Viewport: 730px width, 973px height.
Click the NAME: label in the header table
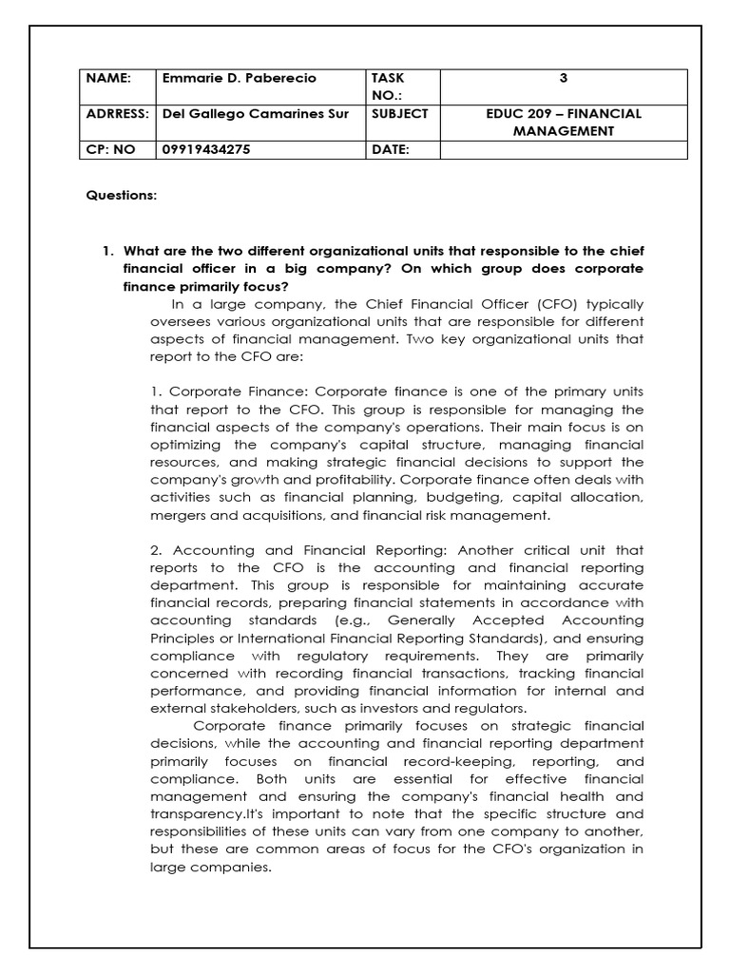tap(107, 78)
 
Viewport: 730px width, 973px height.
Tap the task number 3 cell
tap(563, 78)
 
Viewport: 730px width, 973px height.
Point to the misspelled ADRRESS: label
tap(117, 113)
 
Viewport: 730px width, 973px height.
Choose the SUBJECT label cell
tap(400, 113)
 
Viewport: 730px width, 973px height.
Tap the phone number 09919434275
tap(207, 149)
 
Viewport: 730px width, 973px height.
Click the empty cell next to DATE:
tap(563, 149)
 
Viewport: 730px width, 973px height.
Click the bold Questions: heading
tap(122, 196)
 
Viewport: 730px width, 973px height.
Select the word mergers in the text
tap(177, 515)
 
